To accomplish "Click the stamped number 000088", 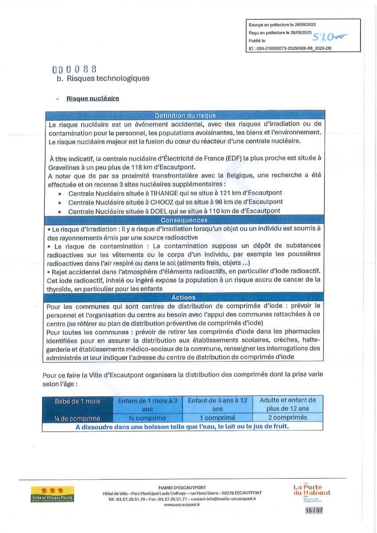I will click(75, 69).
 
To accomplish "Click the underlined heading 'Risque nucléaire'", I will click(93, 99).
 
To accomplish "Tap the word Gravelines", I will click(65, 167).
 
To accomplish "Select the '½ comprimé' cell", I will click(147, 418).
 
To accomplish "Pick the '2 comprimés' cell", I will click(288, 418).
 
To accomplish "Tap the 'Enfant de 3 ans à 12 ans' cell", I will click(218, 404).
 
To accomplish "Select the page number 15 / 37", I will click(314, 511).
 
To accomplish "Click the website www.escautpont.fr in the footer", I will click(182, 505).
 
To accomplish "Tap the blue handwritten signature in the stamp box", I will click(329, 37).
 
